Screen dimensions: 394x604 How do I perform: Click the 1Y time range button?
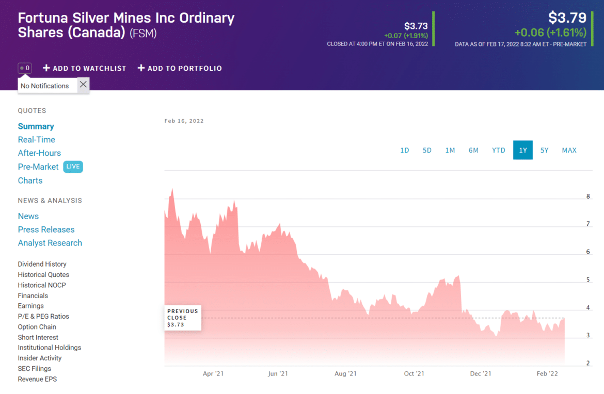(523, 150)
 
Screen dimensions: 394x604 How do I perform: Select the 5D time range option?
(427, 150)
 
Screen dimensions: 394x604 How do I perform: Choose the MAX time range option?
(569, 150)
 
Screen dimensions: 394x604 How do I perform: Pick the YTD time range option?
(498, 150)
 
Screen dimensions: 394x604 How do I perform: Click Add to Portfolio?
(180, 68)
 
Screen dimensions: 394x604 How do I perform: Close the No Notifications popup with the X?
(83, 85)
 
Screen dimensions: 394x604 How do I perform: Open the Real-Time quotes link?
(36, 140)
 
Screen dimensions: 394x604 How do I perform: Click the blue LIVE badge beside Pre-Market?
(73, 167)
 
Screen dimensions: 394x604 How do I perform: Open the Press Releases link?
(46, 229)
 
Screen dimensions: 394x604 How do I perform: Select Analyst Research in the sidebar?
(50, 243)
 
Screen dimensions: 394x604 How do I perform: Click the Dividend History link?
(42, 264)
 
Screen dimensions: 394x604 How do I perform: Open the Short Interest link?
(38, 337)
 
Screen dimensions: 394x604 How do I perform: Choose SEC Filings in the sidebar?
(34, 369)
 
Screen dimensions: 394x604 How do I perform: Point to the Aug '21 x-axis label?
(345, 373)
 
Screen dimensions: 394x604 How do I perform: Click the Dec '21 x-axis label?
(480, 373)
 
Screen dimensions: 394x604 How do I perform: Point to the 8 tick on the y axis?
(588, 196)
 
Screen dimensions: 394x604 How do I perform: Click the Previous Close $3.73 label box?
(183, 318)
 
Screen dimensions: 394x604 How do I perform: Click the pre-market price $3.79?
(567, 18)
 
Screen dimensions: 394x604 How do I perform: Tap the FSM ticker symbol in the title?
(143, 34)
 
